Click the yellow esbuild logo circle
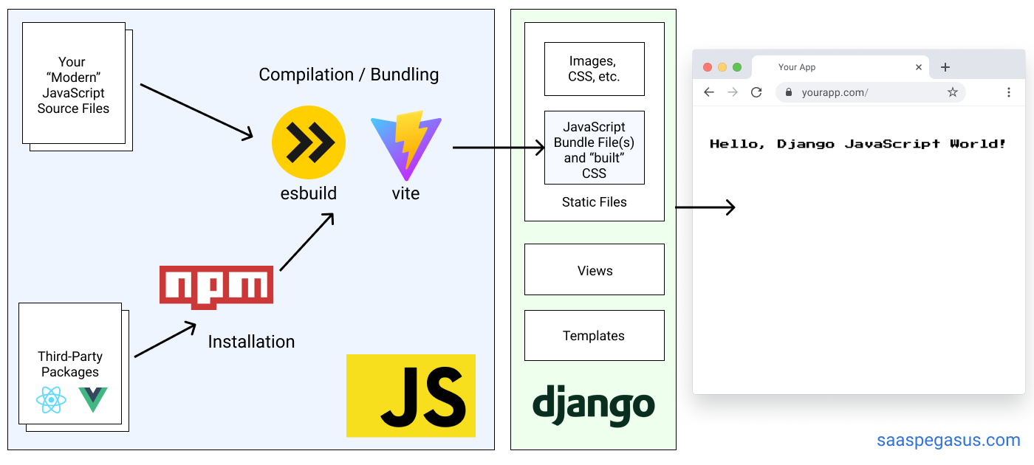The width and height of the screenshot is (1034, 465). coord(309,142)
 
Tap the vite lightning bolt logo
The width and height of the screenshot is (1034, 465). coord(405,144)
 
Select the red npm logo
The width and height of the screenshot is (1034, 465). coord(216,287)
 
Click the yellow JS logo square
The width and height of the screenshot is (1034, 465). coord(411,396)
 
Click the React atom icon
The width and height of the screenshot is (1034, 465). coord(51,400)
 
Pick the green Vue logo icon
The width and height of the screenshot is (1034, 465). coord(93,399)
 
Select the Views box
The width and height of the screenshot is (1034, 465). coord(595,270)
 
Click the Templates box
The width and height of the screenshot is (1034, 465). coord(595,336)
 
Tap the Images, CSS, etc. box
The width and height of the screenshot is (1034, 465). coord(595,69)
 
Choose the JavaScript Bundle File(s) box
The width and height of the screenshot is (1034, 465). coord(595,148)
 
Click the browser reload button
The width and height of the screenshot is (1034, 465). coord(756,92)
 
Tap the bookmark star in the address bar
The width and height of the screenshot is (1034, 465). coord(953,92)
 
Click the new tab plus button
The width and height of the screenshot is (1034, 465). coord(945,67)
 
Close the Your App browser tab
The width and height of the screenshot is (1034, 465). coord(919,67)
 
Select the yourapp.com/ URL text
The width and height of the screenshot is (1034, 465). coord(835,92)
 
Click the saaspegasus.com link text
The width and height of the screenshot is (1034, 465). coord(948,441)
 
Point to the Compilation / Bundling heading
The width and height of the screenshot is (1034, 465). coord(349,75)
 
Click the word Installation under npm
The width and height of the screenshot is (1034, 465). coord(251,342)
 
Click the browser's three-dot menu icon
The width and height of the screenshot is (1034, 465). coord(1009,92)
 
